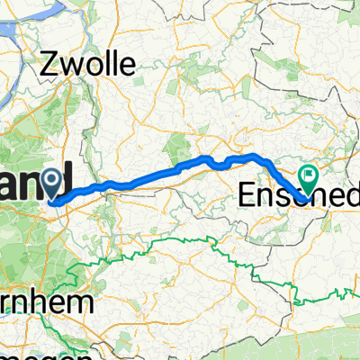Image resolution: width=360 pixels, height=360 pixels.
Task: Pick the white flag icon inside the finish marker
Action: coord(308,176)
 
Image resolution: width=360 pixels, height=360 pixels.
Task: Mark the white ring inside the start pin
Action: coord(58,180)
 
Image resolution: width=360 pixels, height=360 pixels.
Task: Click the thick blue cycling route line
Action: coord(162,175)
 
